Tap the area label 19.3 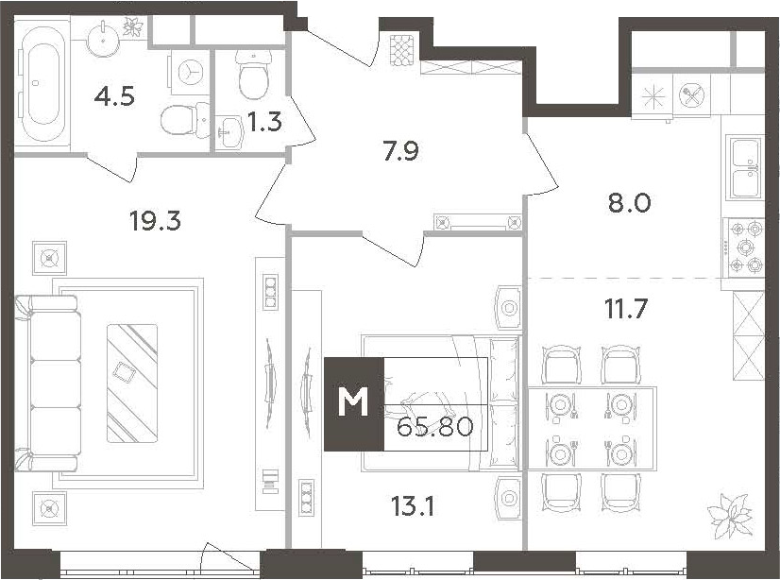pyautogui.click(x=155, y=220)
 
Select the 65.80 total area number pyautogui.click(x=434, y=426)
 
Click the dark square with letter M pyautogui.click(x=354, y=404)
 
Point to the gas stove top pyautogui.click(x=745, y=247)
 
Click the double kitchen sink pyautogui.click(x=745, y=166)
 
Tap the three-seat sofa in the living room pyautogui.click(x=48, y=383)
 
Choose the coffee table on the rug pyautogui.click(x=132, y=383)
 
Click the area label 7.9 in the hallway pyautogui.click(x=400, y=151)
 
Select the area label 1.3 pyautogui.click(x=264, y=121)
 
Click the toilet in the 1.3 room pyautogui.click(x=254, y=74)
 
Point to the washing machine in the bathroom pyautogui.click(x=191, y=72)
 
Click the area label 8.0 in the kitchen pyautogui.click(x=629, y=203)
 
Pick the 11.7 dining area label pyautogui.click(x=626, y=309)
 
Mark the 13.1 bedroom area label pyautogui.click(x=413, y=506)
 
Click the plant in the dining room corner pyautogui.click(x=730, y=516)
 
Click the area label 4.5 pyautogui.click(x=114, y=96)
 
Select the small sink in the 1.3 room pyautogui.click(x=229, y=133)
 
